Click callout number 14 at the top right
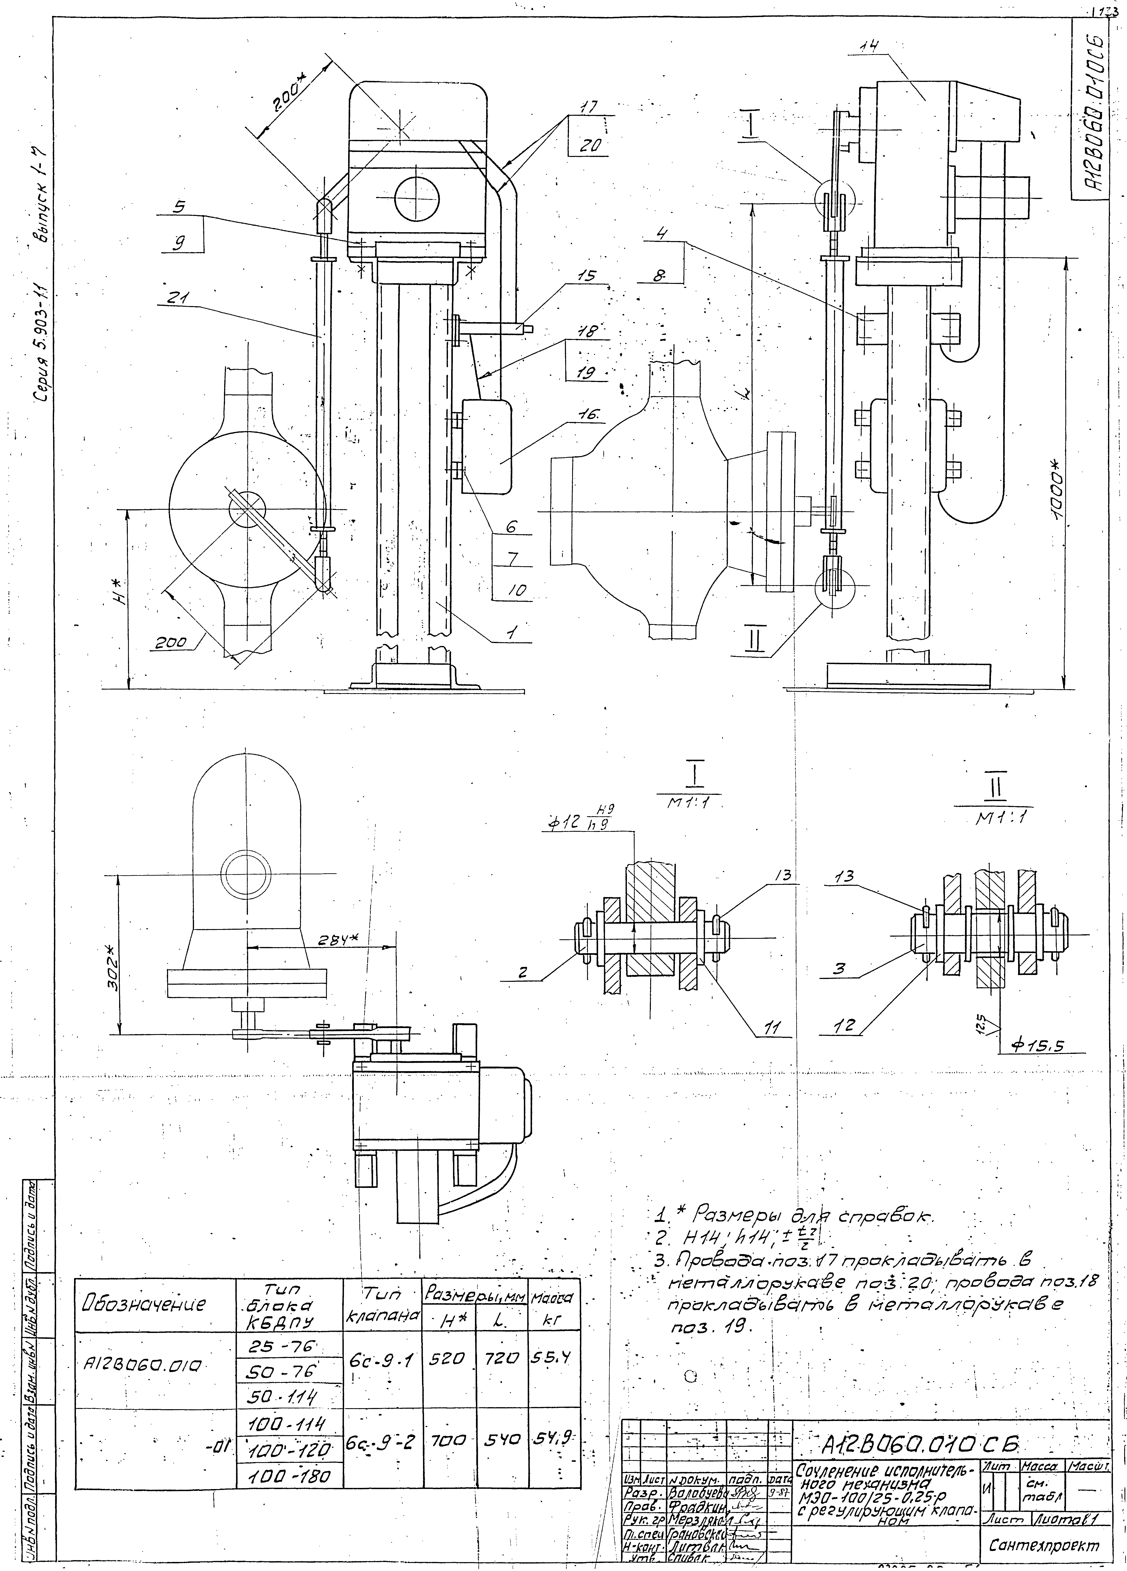coord(866,47)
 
